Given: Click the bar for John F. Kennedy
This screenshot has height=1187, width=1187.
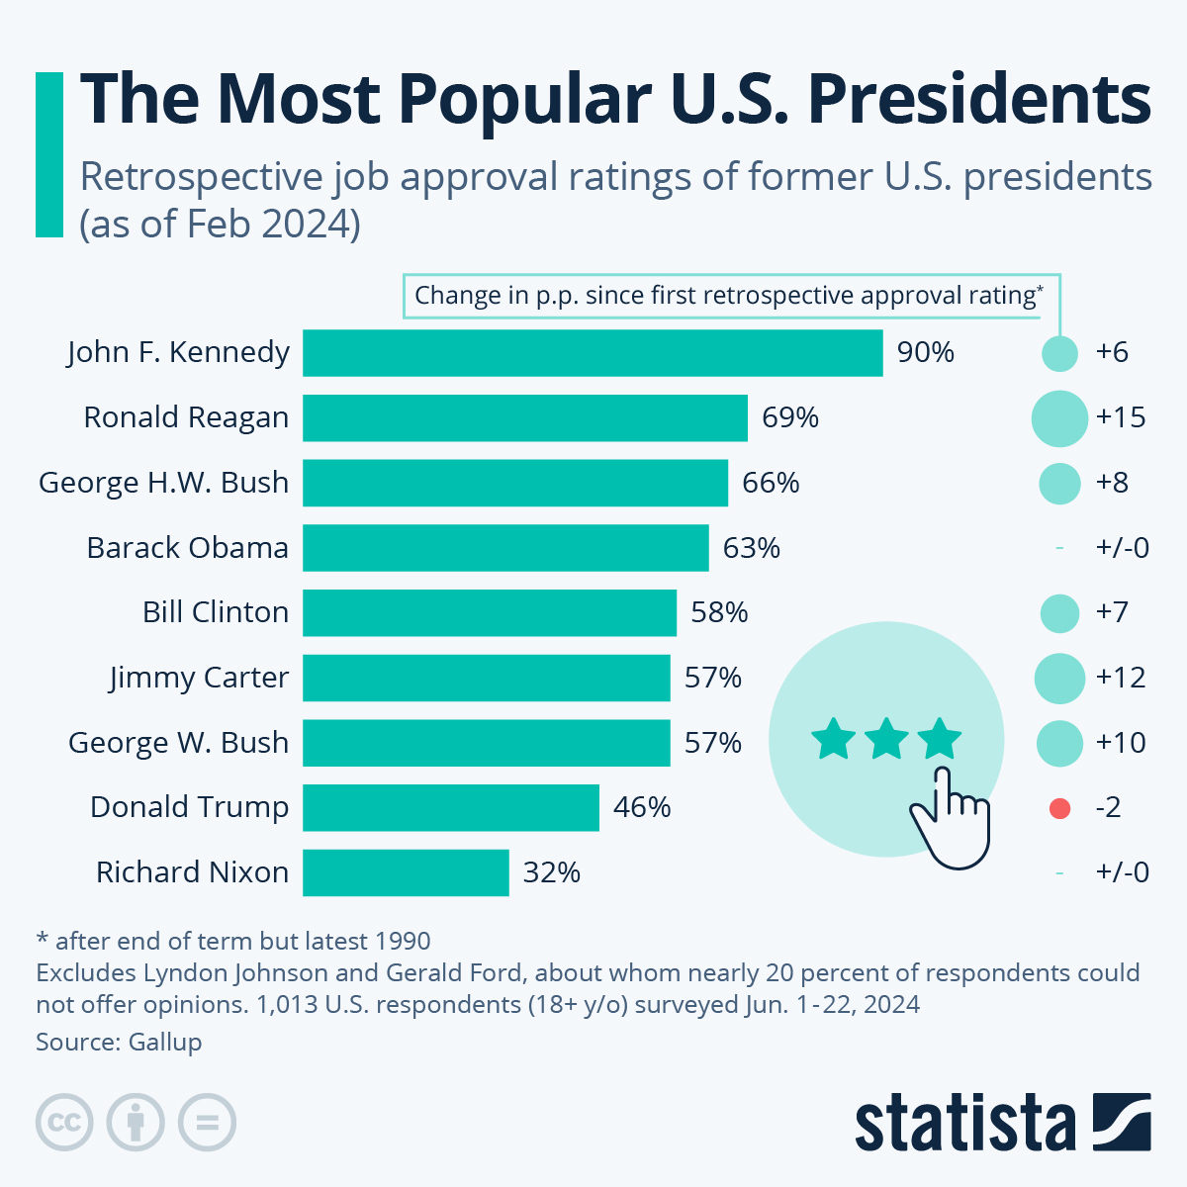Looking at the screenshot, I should tap(593, 353).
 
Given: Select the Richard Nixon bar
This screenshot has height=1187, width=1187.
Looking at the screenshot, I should tap(406, 872).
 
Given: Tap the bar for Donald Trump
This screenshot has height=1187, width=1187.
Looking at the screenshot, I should tap(451, 807).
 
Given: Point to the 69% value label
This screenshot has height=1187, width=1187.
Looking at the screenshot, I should tap(789, 417).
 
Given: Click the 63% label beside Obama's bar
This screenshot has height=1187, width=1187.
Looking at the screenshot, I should tap(751, 548).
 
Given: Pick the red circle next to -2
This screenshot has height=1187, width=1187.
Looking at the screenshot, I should tap(1059, 808).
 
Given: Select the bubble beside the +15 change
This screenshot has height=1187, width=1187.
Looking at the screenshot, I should tap(1059, 418).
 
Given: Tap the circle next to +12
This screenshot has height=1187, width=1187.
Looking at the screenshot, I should tap(1059, 679).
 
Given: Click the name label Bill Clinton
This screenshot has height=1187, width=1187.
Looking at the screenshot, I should tap(216, 612).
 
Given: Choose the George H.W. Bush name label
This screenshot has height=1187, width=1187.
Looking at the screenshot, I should tap(164, 483).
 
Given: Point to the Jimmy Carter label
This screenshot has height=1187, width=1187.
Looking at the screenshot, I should tap(199, 678).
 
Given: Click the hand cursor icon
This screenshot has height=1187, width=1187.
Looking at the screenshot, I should tap(950, 817).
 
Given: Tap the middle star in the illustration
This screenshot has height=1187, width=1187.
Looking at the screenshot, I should tap(886, 740).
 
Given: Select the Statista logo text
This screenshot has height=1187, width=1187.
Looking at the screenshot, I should tap(964, 1124).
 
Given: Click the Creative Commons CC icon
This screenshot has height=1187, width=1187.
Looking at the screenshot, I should tap(64, 1123).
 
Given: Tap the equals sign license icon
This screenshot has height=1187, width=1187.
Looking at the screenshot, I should tap(208, 1123).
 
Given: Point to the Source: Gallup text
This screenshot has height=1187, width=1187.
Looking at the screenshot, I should tap(119, 1042).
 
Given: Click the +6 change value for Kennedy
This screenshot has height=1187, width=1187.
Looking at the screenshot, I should tap(1112, 353).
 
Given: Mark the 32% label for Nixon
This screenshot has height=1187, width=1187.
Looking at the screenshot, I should tap(551, 872).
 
